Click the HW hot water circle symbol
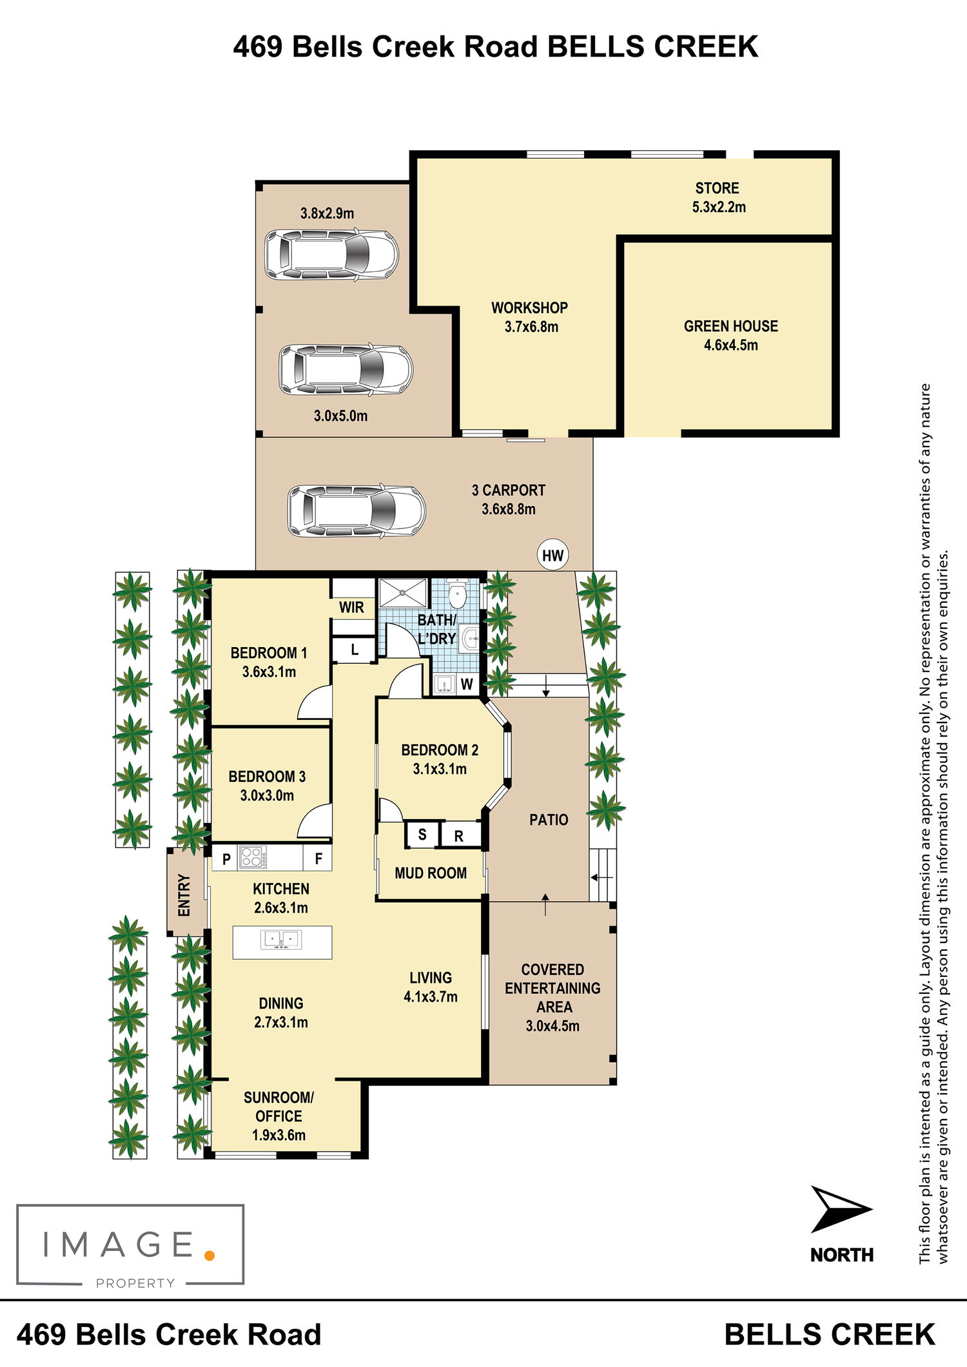coord(553,556)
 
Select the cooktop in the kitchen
coord(251,858)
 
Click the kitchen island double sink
coord(281,940)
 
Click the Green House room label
coord(731,326)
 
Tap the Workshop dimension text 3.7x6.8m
coord(531,327)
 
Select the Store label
coord(717,188)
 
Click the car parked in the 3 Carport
coord(357,511)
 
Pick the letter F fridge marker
coord(318,858)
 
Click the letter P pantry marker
coord(226,859)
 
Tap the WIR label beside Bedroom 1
coord(351,607)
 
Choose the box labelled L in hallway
coord(354,650)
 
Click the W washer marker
coord(467,684)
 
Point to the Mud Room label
coord(431,873)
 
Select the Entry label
coord(184,895)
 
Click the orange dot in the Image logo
coord(209,1255)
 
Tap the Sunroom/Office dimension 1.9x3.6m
coord(278,1135)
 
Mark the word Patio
coord(549,820)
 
